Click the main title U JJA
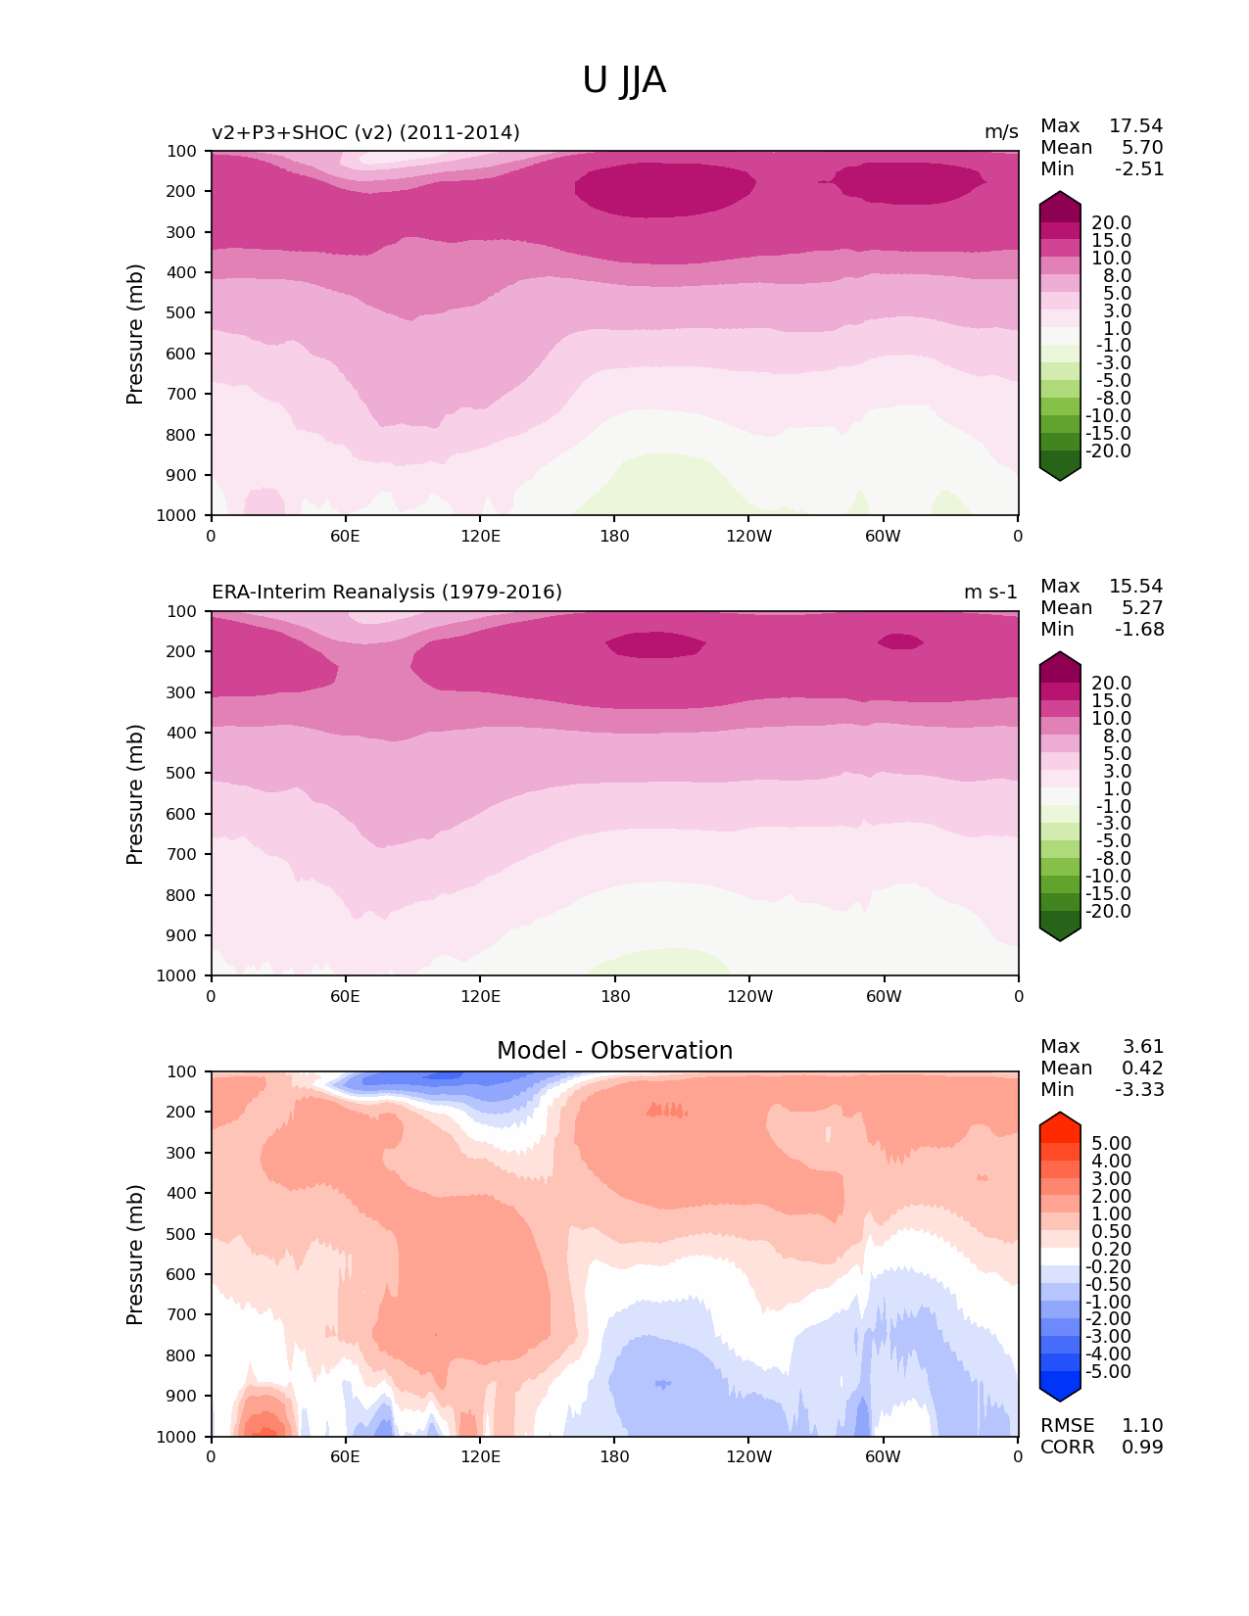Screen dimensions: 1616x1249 pos(624,80)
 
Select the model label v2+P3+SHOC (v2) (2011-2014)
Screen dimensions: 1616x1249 pos(365,132)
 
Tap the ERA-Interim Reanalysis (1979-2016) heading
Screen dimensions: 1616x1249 pos(387,593)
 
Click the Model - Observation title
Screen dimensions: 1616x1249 pos(614,1051)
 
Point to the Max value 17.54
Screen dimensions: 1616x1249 pos(1135,126)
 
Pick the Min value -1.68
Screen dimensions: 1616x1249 pos(1139,630)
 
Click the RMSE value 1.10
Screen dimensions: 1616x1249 pos(1142,1426)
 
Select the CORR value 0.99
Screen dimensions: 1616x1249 pos(1142,1448)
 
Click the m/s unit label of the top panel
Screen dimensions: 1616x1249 pos(1001,132)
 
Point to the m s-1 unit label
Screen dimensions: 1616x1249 pos(990,593)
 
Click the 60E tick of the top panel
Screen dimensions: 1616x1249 pos(345,536)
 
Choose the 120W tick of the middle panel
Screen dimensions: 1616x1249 pos(749,996)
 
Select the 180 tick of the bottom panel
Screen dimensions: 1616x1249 pos(614,1456)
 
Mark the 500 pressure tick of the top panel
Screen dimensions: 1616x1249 pos(183,313)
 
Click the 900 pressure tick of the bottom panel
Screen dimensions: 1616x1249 pos(183,1397)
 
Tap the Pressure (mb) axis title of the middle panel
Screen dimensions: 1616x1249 pos(135,794)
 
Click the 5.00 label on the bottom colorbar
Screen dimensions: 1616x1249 pos(1111,1144)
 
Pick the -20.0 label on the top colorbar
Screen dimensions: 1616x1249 pos(1108,452)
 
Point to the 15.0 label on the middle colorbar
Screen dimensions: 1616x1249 pos(1111,701)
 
